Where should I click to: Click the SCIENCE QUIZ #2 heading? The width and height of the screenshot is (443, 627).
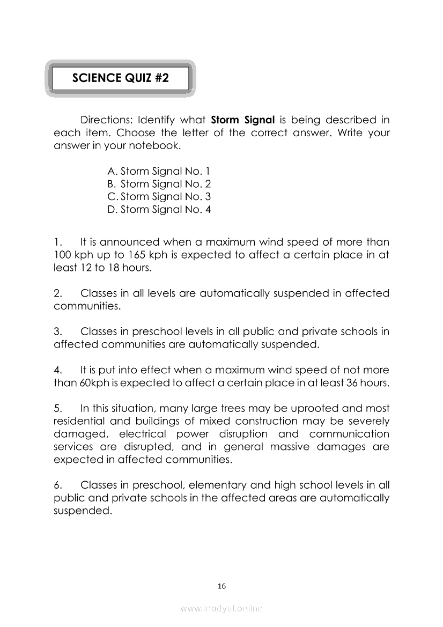click(120, 78)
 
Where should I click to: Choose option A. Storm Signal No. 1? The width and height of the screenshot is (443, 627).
click(159, 172)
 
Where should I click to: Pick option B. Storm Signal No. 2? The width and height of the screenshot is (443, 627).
click(159, 185)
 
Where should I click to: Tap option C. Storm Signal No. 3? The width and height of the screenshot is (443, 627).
click(159, 197)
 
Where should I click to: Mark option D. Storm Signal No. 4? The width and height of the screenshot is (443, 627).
click(159, 210)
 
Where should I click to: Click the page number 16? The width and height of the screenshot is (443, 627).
click(222, 586)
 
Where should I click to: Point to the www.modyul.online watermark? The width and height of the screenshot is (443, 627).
click(222, 608)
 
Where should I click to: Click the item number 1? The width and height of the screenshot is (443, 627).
click(58, 242)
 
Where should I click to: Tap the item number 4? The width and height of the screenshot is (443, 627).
click(58, 370)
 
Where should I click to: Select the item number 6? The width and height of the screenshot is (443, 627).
click(58, 485)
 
